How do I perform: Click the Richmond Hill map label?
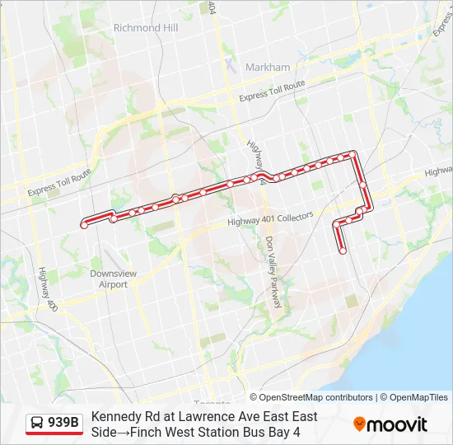[146, 27]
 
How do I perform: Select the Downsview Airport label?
[114, 279]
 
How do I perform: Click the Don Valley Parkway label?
[273, 272]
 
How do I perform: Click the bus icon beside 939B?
[38, 424]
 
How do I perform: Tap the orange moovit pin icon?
[359, 424]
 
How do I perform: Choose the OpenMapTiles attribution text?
[418, 397]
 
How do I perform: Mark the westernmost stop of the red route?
[83, 224]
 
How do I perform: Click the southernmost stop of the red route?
[343, 251]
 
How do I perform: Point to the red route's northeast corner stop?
[354, 153]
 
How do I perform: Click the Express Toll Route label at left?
[58, 184]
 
